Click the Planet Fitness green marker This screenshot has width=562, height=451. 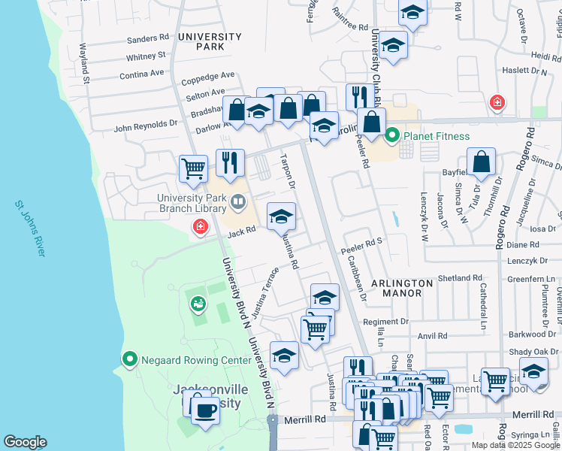point(391,136)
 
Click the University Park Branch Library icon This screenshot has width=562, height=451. point(238,201)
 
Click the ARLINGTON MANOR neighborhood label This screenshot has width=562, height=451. point(402,289)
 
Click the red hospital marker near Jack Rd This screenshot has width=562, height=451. point(200,225)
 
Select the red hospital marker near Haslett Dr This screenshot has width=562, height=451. point(496,103)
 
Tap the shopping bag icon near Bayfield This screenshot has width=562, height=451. point(481,161)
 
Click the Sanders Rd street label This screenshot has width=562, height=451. point(148,38)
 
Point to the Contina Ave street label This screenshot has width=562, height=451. point(141,74)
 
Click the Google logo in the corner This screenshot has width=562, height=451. point(26,442)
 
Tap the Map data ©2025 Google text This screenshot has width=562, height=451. point(516,445)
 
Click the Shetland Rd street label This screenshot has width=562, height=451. point(461,278)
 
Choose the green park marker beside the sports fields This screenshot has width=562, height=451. point(198,304)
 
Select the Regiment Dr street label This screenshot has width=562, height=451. point(385,322)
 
